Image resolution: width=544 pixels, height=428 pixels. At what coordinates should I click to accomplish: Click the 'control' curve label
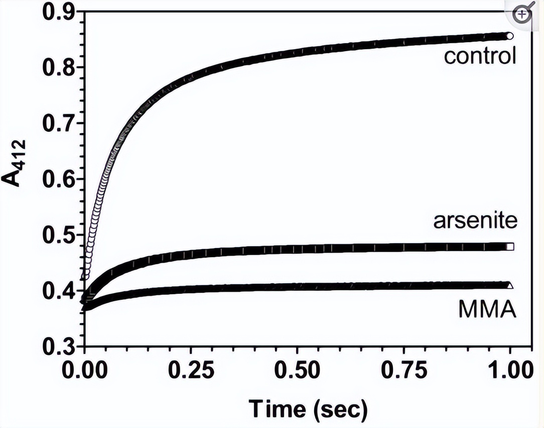point(480,56)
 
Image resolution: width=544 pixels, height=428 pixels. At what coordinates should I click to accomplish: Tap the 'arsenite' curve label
point(475,221)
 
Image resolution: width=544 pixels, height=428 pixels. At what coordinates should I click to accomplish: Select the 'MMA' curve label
point(487,309)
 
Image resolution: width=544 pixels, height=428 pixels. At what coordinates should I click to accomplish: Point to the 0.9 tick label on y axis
point(57,13)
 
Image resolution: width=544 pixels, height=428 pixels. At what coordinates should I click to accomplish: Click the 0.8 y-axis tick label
point(57,68)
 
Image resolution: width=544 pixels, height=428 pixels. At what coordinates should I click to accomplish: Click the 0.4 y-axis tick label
point(57,291)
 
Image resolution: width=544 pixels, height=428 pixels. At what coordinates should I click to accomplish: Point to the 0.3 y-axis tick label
point(57,346)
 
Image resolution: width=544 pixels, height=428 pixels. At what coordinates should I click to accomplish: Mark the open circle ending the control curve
point(510,36)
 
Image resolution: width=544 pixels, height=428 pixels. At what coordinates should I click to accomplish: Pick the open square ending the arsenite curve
point(510,247)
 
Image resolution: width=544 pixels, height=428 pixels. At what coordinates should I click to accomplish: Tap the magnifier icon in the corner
point(523,15)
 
